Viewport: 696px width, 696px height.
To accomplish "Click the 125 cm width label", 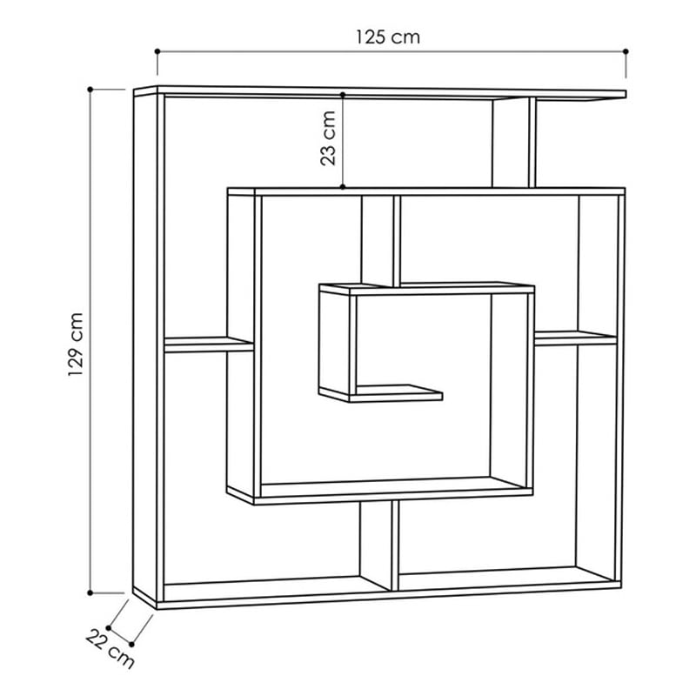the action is tap(387, 37).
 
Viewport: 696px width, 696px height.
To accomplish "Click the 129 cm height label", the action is tap(76, 345).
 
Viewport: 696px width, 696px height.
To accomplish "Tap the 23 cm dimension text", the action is tap(328, 138).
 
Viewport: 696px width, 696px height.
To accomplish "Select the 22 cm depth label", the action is tap(110, 649).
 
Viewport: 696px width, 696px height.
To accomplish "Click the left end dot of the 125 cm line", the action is tap(157, 51).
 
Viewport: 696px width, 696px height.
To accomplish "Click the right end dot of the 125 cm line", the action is tap(626, 51).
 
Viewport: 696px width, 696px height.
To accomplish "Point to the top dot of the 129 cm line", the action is tap(90, 90).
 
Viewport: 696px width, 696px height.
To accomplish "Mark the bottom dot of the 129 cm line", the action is tap(90, 592).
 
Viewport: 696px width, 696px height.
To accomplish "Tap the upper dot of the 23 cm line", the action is tap(343, 95).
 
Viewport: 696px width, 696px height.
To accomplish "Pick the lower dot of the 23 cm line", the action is tap(343, 187).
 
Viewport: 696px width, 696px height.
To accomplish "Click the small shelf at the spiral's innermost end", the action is tap(398, 393).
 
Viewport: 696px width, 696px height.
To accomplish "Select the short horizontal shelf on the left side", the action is tap(209, 345).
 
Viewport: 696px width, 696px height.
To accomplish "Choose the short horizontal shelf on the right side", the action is tap(576, 338).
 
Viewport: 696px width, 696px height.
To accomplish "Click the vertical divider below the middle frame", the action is tap(378, 545).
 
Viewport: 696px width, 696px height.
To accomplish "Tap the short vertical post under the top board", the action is tap(514, 143).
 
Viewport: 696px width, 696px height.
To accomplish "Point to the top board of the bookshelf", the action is tap(380, 92).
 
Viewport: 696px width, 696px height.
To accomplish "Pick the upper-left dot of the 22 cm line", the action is tap(109, 628).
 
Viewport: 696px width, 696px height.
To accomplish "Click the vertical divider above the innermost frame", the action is tap(381, 241).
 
